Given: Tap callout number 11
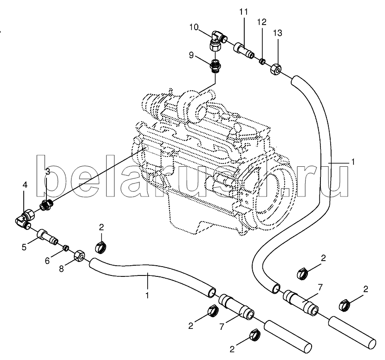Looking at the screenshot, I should [243, 11].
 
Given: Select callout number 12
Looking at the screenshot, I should [262, 22].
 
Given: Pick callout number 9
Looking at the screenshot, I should [191, 56].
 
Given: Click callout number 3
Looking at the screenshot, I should [48, 172].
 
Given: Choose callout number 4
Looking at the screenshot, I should [25, 185].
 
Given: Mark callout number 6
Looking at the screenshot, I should [47, 261].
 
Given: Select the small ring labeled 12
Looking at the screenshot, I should [262, 60].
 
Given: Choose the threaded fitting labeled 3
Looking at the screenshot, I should [46, 204].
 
